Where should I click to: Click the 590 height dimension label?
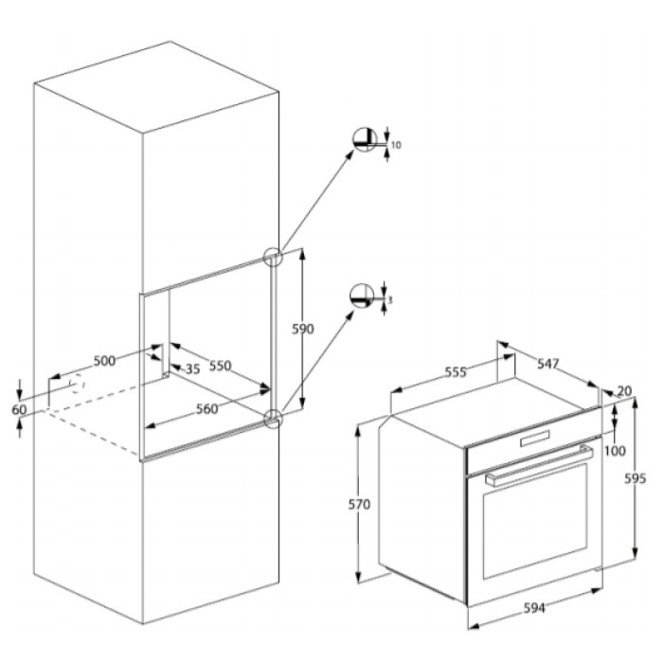(303, 329)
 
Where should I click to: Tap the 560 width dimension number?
(207, 409)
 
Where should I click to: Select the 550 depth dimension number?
(221, 366)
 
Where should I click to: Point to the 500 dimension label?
(104, 361)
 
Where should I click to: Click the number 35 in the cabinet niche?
(193, 369)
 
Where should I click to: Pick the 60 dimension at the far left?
(19, 409)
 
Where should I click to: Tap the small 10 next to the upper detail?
(396, 145)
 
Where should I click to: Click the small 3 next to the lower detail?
(390, 300)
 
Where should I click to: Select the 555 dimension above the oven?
(456, 372)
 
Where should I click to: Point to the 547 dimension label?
(548, 364)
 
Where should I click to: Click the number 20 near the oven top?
(624, 391)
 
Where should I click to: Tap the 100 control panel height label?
(615, 451)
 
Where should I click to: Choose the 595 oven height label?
(636, 478)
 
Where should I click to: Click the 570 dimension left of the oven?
(359, 504)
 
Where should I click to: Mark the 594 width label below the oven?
(534, 608)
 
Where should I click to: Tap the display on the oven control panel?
(535, 438)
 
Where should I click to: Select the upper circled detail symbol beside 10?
(365, 138)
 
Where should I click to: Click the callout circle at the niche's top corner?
(273, 257)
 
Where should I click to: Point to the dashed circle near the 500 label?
(78, 384)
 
